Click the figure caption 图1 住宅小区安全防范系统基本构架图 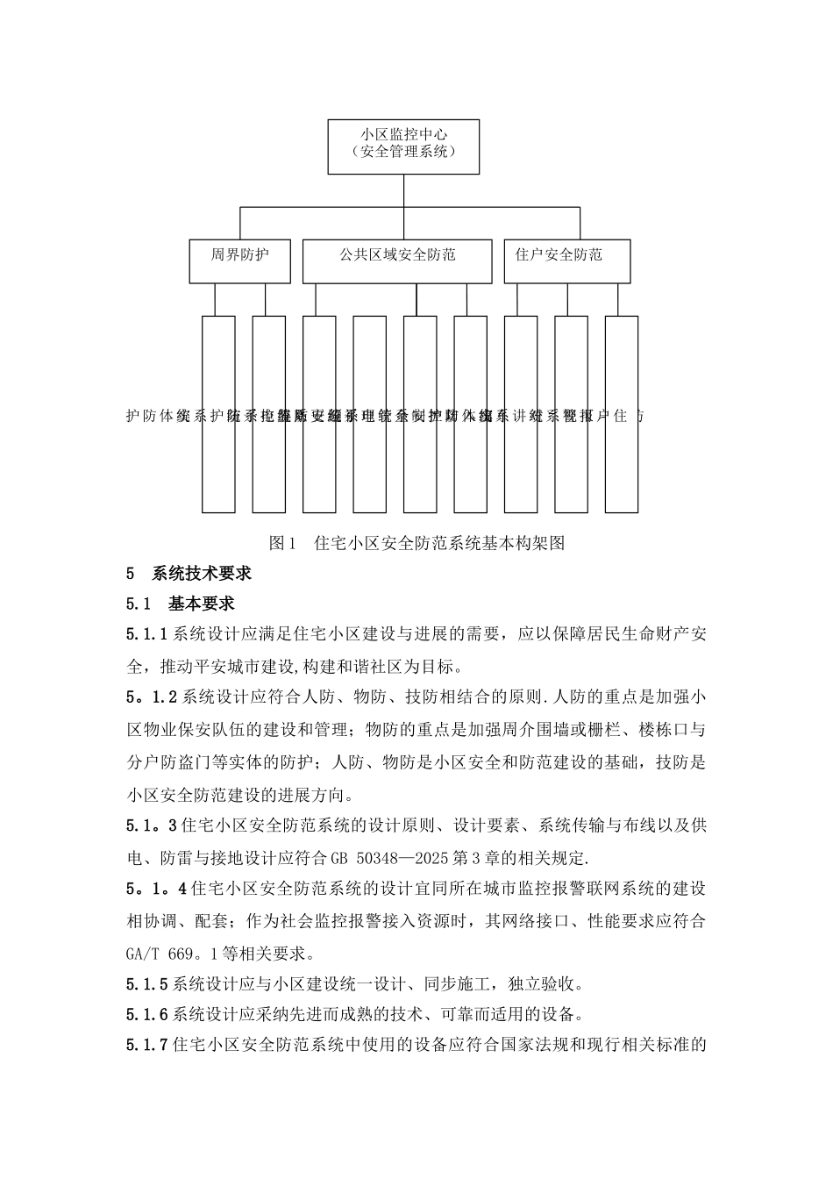click(x=416, y=543)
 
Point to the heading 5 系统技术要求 click(x=189, y=574)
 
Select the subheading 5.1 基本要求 click(x=180, y=604)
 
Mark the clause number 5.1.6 click(x=146, y=1015)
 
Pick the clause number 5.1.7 click(x=146, y=1046)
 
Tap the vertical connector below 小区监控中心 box click(x=403, y=190)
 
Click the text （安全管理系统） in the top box click(x=403, y=154)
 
